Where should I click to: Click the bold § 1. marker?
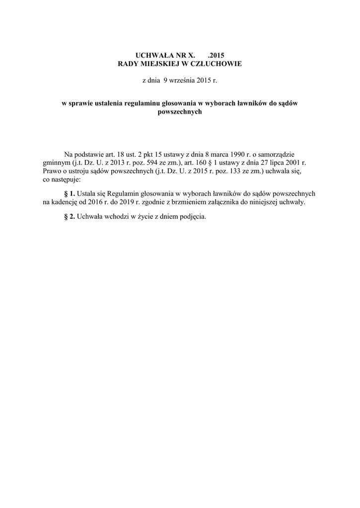[70, 194]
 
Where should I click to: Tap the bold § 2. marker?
[70, 217]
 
